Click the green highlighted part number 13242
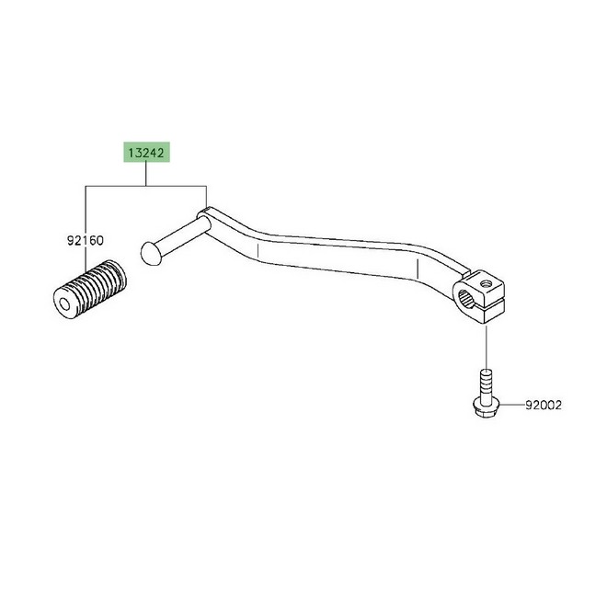tap(146, 152)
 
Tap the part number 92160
tap(86, 241)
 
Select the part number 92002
tap(544, 405)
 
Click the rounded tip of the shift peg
tap(149, 254)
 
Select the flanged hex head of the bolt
tap(486, 408)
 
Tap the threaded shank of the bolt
tap(486, 385)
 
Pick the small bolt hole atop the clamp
tap(486, 283)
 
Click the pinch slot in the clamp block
tap(489, 303)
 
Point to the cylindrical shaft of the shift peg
tap(182, 235)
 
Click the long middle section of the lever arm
tap(337, 256)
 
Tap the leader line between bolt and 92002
tap(511, 405)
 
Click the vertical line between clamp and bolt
tap(486, 348)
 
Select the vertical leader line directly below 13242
tap(146, 174)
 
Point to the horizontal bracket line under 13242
tap(146, 186)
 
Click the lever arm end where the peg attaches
tap(206, 217)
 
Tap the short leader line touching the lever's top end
tap(206, 198)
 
